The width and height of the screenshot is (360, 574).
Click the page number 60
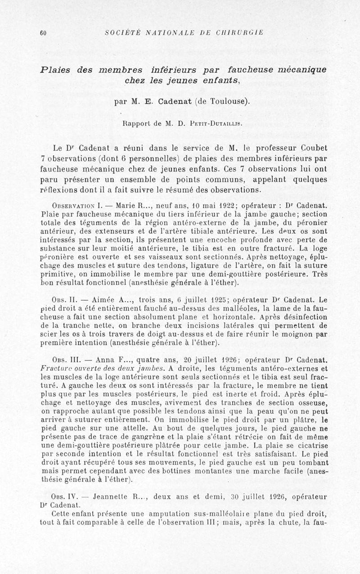(x=44, y=32)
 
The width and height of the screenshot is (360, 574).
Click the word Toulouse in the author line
(x=226, y=101)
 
